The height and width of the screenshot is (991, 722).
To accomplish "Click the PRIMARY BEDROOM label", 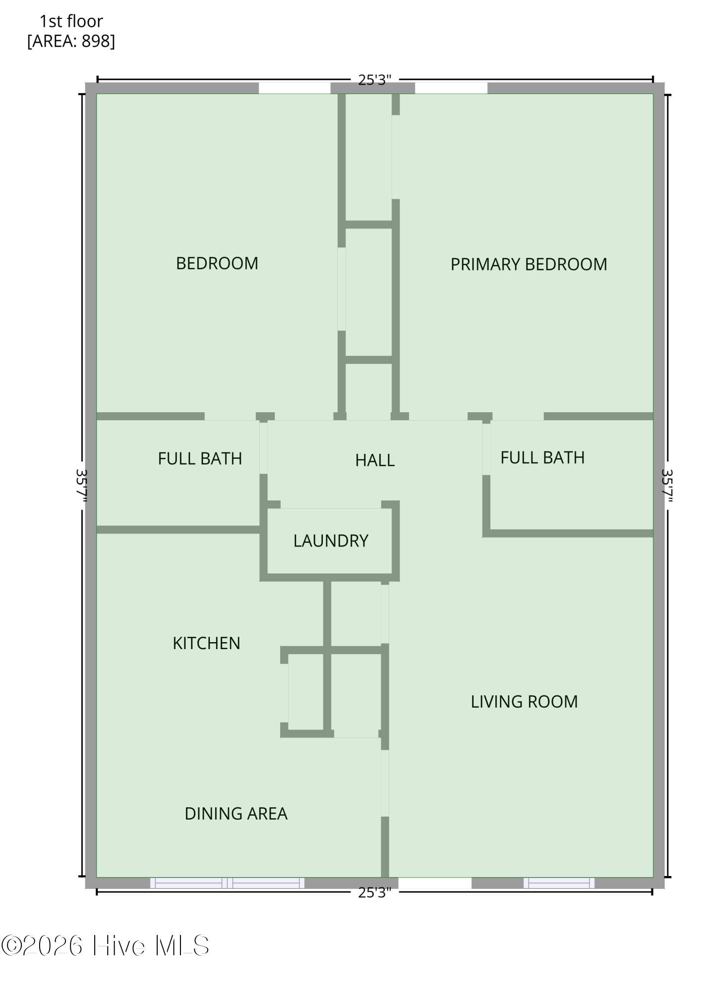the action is (x=529, y=264).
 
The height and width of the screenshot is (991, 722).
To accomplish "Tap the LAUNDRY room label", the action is (x=331, y=541).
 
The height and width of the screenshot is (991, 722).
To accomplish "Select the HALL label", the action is (x=375, y=460).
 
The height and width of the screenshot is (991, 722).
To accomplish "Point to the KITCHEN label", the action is (x=206, y=643).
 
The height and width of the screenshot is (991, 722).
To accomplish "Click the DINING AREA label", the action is (x=236, y=814).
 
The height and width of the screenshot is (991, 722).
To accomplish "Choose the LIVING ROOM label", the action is (x=524, y=702).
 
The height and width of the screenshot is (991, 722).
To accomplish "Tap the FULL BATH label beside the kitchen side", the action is (x=200, y=459).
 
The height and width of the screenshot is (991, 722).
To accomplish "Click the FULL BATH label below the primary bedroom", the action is (x=542, y=457).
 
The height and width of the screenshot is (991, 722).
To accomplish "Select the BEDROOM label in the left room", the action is (x=217, y=263).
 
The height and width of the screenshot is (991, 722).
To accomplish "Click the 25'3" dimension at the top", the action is (x=375, y=80).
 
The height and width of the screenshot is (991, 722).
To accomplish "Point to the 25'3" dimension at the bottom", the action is (x=375, y=892).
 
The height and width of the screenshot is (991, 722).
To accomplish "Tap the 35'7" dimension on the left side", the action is (x=82, y=486).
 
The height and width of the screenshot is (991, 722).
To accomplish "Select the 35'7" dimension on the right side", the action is (x=667, y=486).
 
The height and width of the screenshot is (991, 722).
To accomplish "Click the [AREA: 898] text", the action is (x=71, y=41).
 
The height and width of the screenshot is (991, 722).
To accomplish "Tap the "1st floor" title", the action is (x=71, y=21).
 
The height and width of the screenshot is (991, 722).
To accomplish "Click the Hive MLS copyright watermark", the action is (x=105, y=946).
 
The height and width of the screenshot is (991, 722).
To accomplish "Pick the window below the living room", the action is (x=559, y=882).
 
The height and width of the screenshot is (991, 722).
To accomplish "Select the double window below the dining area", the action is (x=227, y=882).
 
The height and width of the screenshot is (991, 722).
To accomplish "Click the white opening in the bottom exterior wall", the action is (x=435, y=882).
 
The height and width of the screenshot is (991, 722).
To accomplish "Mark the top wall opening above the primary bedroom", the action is (x=451, y=88).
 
